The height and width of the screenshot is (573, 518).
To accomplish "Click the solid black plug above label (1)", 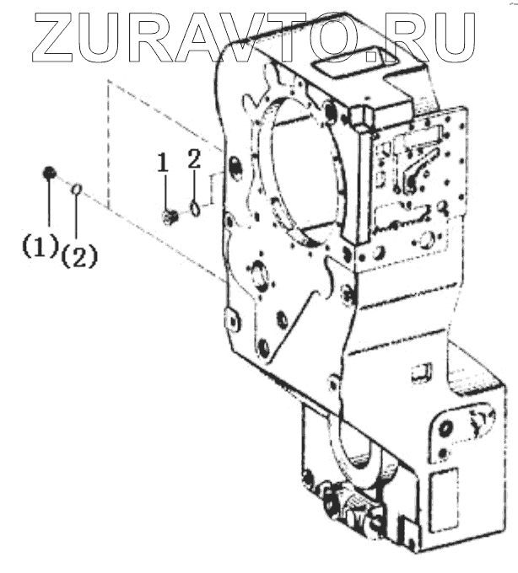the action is [x=49, y=173].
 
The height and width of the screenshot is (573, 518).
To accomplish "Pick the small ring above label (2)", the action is [x=75, y=190].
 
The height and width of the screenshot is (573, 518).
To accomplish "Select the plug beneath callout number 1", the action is [x=169, y=217].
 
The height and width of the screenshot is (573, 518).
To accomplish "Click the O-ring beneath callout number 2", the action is [x=195, y=206].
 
